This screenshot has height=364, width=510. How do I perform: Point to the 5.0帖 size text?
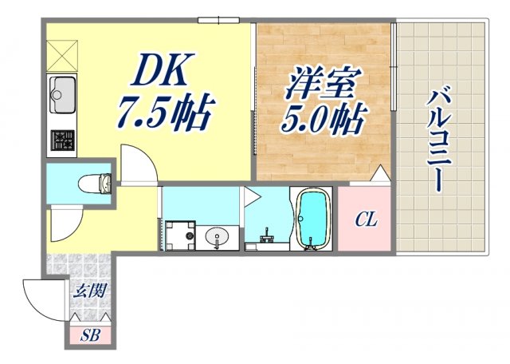(x=322, y=120)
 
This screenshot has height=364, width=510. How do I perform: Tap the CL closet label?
(x=366, y=218)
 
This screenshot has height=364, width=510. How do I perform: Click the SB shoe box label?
(x=90, y=335)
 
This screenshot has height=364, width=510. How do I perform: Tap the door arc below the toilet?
(x=66, y=223)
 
